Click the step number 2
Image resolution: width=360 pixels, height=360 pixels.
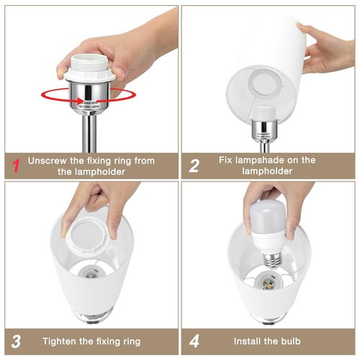coord(194,166)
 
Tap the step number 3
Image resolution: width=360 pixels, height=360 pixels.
coord(14,341)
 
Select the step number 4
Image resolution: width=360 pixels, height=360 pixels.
coord(194,341)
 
